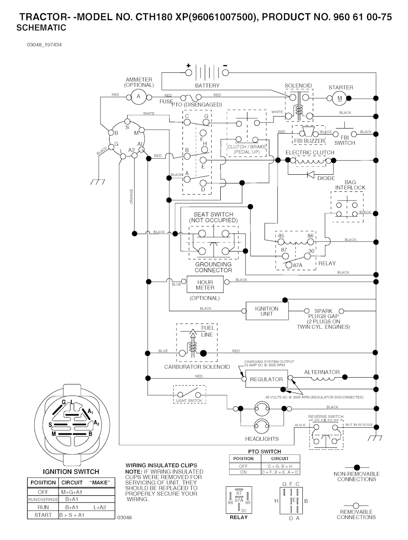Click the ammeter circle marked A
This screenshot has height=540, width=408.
tap(139, 97)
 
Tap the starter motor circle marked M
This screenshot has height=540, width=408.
tap(340, 98)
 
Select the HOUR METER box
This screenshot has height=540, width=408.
tap(205, 285)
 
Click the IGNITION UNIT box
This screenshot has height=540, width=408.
tap(267, 311)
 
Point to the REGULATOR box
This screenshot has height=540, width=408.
tap(266, 380)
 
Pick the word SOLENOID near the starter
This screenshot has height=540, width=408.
tap(298, 86)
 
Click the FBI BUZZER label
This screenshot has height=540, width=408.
tap(309, 141)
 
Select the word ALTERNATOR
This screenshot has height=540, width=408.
tap(322, 372)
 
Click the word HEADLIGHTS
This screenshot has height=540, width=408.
tap(262, 439)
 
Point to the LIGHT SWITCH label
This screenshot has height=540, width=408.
tap(189, 401)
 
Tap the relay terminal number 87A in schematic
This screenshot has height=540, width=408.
tap(298, 265)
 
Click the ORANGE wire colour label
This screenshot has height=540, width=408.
tap(131, 197)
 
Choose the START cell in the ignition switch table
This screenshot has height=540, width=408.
tap(43, 515)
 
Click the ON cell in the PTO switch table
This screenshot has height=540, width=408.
tap(243, 472)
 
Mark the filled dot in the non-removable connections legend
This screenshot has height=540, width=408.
tap(357, 468)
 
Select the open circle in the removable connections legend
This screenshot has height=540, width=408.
tap(356, 506)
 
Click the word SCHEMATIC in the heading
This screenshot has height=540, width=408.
tap(41, 28)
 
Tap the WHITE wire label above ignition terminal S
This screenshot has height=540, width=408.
tap(149, 113)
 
